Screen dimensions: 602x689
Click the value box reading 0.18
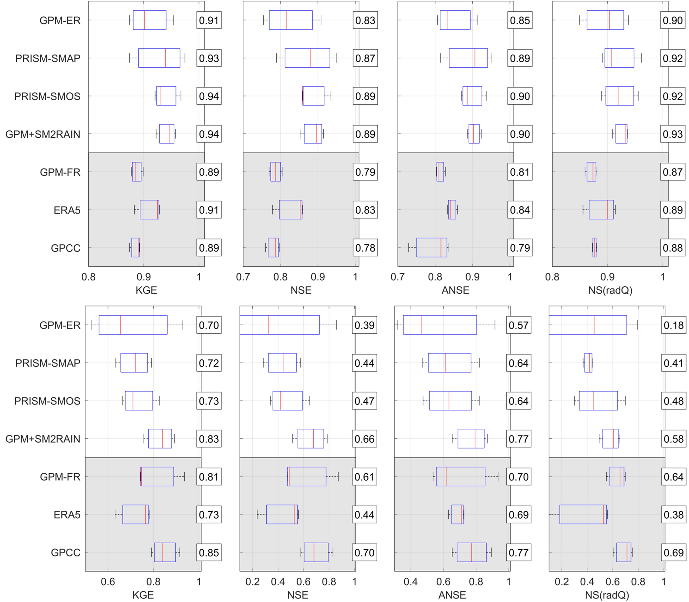click(x=673, y=325)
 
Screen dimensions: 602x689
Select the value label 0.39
click(x=364, y=325)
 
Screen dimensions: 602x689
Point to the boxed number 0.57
click(x=518, y=325)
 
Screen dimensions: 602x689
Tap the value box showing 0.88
click(x=673, y=247)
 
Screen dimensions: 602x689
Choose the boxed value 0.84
click(x=520, y=210)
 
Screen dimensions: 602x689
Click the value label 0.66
click(x=364, y=439)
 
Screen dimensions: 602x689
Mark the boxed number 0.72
click(x=209, y=363)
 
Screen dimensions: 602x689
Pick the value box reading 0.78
click(x=365, y=247)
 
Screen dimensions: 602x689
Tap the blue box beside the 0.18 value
click(x=588, y=325)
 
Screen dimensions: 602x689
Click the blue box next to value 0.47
click(x=287, y=401)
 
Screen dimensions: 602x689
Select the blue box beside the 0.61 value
click(x=307, y=476)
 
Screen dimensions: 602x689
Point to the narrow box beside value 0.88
click(x=594, y=247)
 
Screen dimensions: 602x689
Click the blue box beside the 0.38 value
click(x=583, y=514)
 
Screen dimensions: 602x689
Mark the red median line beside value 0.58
click(x=613, y=439)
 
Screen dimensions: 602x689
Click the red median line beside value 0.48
click(x=594, y=401)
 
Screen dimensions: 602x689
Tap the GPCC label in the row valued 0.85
click(x=66, y=553)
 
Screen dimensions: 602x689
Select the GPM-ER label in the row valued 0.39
click(x=60, y=325)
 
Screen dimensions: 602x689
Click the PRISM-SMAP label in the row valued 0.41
click(x=48, y=363)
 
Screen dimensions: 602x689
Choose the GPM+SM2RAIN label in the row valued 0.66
click(x=43, y=439)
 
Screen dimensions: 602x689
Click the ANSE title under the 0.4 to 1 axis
click(x=452, y=595)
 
